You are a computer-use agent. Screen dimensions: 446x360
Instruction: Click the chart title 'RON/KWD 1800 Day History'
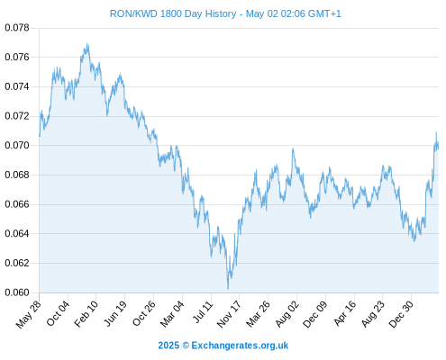click(173, 13)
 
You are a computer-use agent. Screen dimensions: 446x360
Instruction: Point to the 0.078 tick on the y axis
click(17, 28)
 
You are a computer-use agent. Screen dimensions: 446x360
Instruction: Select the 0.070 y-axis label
click(17, 145)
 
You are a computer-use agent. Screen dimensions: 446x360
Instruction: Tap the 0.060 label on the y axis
click(17, 292)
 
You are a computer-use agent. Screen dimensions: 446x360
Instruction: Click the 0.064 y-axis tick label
click(17, 233)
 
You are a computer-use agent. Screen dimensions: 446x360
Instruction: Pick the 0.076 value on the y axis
click(17, 57)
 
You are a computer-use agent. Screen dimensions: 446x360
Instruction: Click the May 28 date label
click(29, 314)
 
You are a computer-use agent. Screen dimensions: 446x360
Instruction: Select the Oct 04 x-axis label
click(58, 313)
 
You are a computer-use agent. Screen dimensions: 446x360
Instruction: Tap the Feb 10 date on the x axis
click(86, 314)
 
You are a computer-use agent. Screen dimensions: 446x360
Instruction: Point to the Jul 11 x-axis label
click(203, 312)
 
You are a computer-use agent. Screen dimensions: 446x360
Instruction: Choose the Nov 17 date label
click(229, 314)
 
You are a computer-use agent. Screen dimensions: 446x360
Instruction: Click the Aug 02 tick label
click(287, 314)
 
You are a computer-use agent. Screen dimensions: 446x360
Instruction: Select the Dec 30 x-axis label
click(401, 314)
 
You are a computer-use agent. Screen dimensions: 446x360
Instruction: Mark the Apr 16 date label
click(345, 313)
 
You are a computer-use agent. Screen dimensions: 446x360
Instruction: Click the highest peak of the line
click(87, 43)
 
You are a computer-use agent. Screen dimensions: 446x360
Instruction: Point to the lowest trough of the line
click(228, 289)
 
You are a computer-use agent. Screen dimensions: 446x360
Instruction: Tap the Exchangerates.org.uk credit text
click(240, 346)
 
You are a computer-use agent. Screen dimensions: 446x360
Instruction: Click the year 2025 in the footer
click(168, 346)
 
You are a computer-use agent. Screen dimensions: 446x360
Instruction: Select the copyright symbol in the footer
click(186, 346)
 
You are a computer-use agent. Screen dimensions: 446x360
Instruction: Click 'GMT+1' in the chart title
click(324, 13)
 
